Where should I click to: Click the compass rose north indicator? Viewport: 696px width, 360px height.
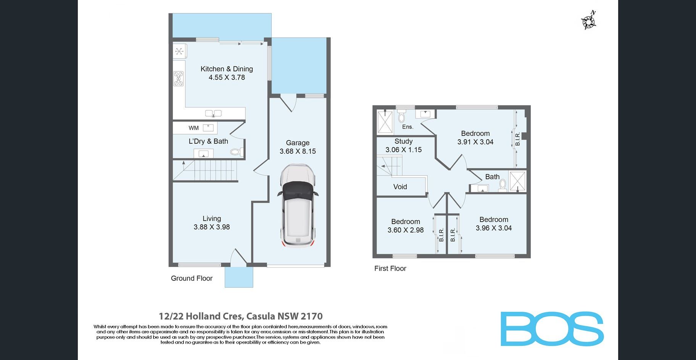pos(589,21)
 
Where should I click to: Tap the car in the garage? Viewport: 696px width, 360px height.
pos(298,206)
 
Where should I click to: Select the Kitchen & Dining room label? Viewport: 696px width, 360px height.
pos(227,69)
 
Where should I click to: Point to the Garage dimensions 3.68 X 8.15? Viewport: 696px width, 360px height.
pos(298,151)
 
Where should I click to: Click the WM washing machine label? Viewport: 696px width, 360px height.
pos(193,128)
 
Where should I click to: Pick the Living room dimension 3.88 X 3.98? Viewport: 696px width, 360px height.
pos(212,227)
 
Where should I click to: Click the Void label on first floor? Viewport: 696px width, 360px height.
pos(400,187)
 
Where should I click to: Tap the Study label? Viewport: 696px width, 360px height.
pos(404,141)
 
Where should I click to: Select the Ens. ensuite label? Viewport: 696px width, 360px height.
pos(408,127)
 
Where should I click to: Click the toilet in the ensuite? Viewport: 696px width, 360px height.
pos(401,116)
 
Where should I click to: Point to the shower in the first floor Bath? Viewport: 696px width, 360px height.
pos(517,181)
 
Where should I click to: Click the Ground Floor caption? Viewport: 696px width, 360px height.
pos(192,278)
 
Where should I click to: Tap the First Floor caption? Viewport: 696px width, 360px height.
pos(390,268)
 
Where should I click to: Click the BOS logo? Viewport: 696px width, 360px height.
pos(552,329)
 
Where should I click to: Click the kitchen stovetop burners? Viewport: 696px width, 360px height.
pos(179,79)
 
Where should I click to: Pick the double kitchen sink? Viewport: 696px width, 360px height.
pos(213,113)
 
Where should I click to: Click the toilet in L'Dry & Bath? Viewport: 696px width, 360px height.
pos(237,152)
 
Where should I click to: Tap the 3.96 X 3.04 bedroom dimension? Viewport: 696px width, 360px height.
pos(494,228)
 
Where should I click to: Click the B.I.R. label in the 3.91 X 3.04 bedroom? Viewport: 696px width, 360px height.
pos(518,139)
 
